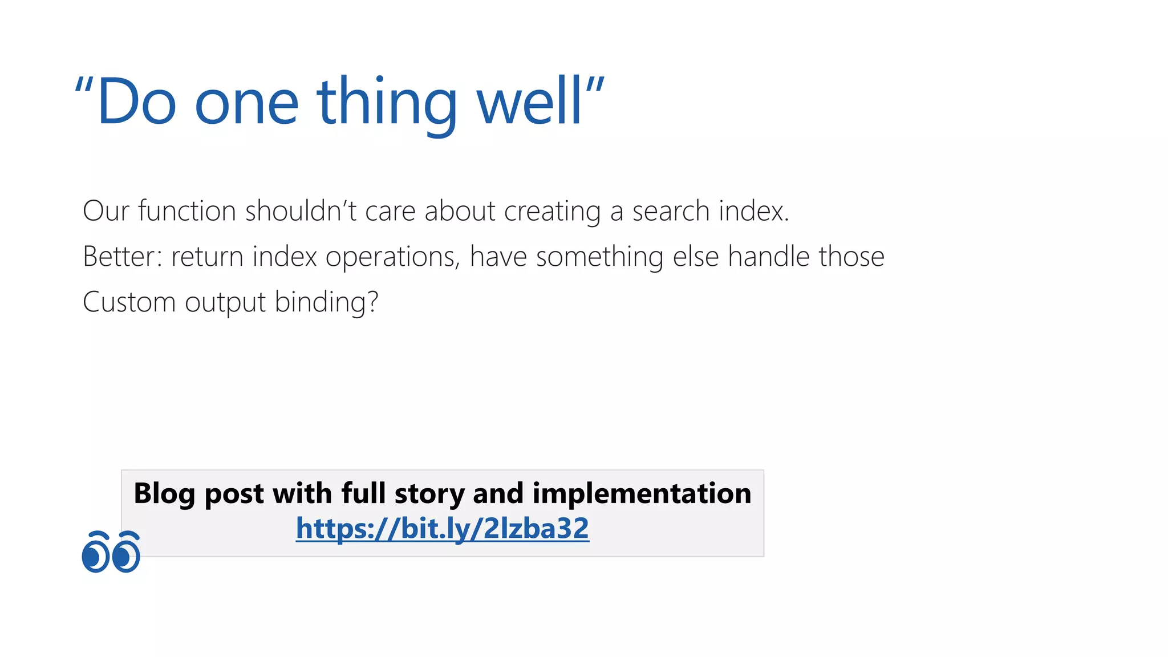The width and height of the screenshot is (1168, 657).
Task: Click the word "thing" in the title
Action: coord(387,103)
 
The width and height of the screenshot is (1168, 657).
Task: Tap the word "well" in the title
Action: coord(529,103)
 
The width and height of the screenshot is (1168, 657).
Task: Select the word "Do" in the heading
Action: coord(136,103)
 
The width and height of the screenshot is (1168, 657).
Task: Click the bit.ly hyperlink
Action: coord(442,528)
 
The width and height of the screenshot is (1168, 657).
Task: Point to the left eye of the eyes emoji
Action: coord(95,553)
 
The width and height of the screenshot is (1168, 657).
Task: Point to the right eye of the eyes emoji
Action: coord(125,553)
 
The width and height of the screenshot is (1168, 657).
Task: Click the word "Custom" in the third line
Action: coord(129,302)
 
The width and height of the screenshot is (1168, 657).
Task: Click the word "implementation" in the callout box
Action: coord(642,494)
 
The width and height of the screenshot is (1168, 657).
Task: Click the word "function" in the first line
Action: coord(187,211)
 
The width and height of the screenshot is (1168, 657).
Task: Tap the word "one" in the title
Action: coord(246,103)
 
